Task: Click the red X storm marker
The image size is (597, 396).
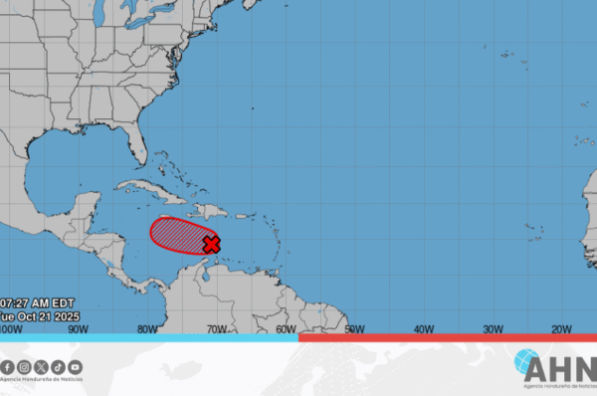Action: pyautogui.click(x=211, y=244)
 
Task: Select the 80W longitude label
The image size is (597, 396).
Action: pyautogui.click(x=147, y=328)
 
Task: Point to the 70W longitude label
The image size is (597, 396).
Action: pyautogui.click(x=216, y=328)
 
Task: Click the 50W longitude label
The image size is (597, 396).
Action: pyautogui.click(x=354, y=328)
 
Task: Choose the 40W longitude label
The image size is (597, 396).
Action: pyautogui.click(x=423, y=328)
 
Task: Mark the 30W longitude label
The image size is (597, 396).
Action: pyautogui.click(x=492, y=328)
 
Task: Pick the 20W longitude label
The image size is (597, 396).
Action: pyautogui.click(x=560, y=328)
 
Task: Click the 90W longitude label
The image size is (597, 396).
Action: pyautogui.click(x=79, y=328)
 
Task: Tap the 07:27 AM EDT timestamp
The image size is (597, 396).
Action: pyautogui.click(x=38, y=302)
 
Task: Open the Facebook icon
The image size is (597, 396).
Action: pyautogui.click(x=8, y=367)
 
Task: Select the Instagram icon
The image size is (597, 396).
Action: pyautogui.click(x=25, y=367)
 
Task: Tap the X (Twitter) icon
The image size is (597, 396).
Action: pyautogui.click(x=41, y=367)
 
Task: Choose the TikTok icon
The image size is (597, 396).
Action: pyautogui.click(x=58, y=367)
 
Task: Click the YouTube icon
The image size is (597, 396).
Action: pyautogui.click(x=75, y=367)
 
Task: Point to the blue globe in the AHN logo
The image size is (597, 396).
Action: pyautogui.click(x=527, y=363)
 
